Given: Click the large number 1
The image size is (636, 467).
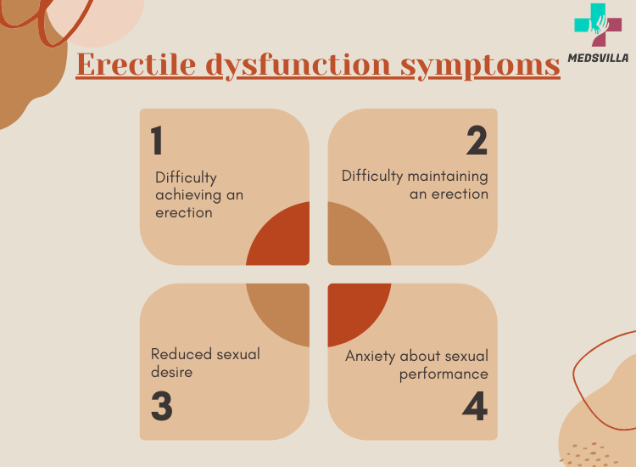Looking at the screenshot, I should click(157, 142).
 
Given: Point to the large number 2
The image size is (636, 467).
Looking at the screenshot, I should click(477, 142).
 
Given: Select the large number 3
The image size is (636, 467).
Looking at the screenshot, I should click(161, 407).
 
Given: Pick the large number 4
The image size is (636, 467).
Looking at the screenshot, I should click(475, 407).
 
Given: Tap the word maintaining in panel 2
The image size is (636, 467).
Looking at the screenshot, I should click(449, 177).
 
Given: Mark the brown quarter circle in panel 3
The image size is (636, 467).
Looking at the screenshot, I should click(284, 310).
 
